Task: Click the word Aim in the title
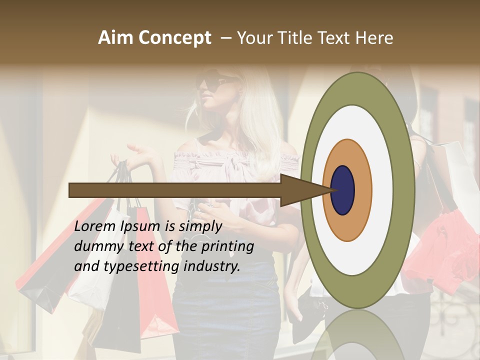coord(115,38)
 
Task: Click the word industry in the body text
coord(212,266)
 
